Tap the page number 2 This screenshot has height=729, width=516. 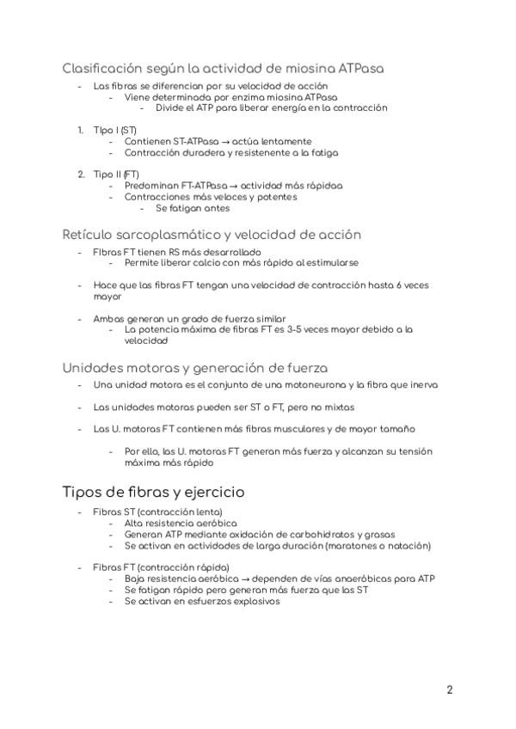click(450, 690)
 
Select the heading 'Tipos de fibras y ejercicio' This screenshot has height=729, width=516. click(153, 492)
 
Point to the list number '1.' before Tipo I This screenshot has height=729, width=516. click(80, 130)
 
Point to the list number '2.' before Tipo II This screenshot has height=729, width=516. click(80, 174)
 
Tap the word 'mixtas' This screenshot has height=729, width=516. click(337, 407)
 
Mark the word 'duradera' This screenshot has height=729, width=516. click(201, 152)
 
